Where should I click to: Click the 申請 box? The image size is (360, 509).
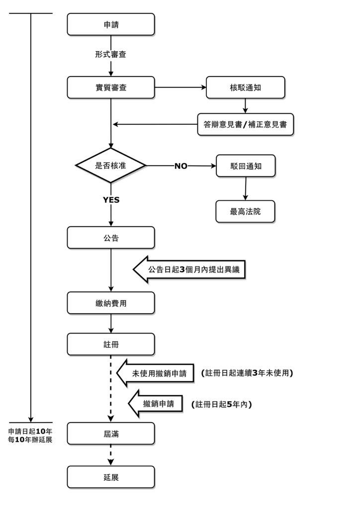111,24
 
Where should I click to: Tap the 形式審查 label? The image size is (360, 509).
111,54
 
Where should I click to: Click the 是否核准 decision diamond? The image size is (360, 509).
110,166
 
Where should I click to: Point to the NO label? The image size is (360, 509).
180,166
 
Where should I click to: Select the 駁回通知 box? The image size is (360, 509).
246,166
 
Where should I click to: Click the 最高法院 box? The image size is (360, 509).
245,211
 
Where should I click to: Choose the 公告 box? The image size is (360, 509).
111,238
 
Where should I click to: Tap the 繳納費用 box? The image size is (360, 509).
111,303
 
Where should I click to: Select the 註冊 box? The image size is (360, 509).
111,343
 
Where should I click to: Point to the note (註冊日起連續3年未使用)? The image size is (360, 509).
247,373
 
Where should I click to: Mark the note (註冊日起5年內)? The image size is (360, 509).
221,405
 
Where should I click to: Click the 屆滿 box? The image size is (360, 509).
111,433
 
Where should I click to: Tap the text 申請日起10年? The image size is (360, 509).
30,431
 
